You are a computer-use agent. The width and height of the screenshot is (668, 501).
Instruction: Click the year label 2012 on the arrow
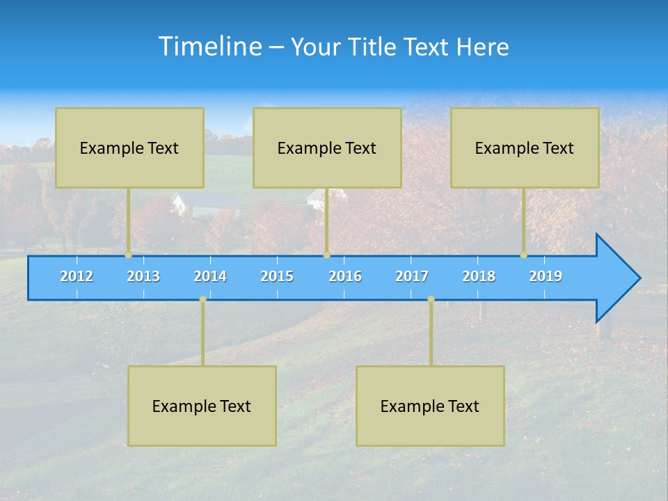[x=77, y=276]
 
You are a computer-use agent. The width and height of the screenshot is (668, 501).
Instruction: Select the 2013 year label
[x=143, y=276]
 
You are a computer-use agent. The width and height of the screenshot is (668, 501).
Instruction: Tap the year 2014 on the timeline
[x=210, y=276]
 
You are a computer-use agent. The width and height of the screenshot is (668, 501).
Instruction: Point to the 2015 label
[x=277, y=276]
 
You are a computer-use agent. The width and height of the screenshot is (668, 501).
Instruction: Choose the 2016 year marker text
[x=345, y=276]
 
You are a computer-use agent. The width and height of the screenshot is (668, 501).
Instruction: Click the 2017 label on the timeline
[x=412, y=276]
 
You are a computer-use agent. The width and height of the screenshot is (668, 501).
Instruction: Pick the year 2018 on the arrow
[x=479, y=276]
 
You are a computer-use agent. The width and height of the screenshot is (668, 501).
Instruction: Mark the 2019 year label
[x=546, y=276]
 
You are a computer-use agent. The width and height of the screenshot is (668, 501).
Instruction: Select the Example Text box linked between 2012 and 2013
[x=129, y=148]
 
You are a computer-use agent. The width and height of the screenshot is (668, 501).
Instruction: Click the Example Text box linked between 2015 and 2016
[x=327, y=148]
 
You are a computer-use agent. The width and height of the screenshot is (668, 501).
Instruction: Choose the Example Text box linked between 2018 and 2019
[x=525, y=148]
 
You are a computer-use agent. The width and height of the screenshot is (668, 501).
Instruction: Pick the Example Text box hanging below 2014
[x=202, y=406]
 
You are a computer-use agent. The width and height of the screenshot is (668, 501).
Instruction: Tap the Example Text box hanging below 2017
[x=430, y=406]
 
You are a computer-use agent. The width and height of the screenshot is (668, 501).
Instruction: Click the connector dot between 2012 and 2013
[x=129, y=255]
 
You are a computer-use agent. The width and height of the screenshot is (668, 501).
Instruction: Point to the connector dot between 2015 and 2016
[x=326, y=255]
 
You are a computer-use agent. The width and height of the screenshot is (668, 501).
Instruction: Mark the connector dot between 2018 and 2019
[x=524, y=255]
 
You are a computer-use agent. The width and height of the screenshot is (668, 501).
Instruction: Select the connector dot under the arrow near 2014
[x=202, y=299]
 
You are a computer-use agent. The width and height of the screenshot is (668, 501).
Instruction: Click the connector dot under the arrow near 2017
[x=431, y=299]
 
